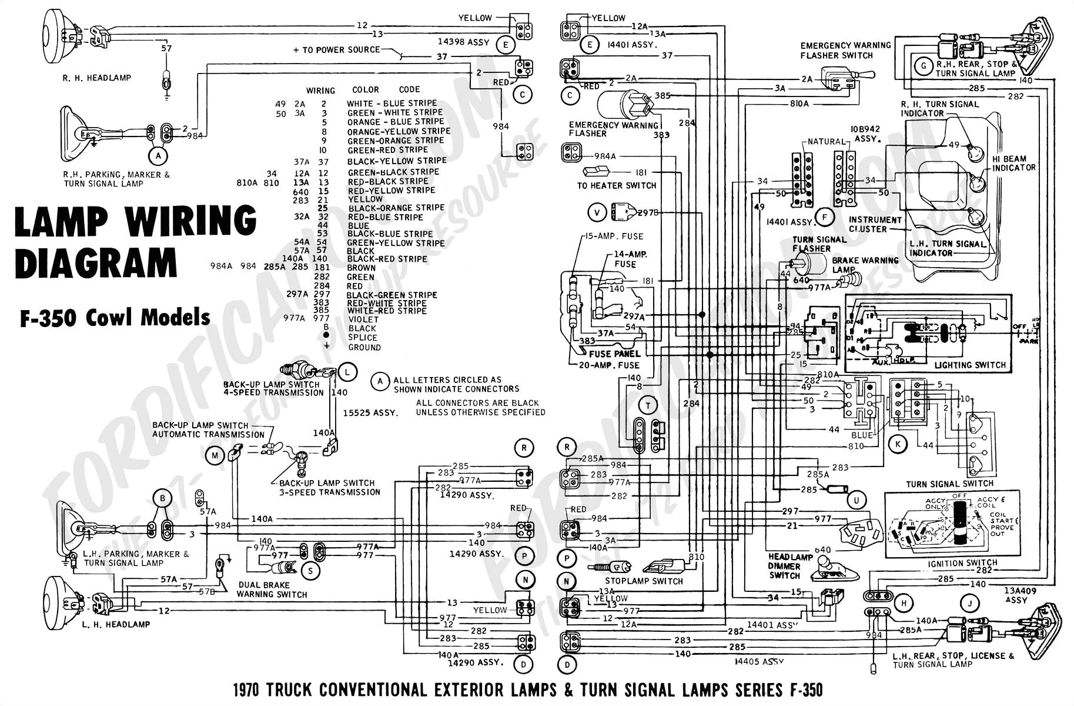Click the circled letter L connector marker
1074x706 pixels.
[x=348, y=372]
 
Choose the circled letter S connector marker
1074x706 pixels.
[x=310, y=570]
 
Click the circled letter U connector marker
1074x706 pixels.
[x=856, y=500]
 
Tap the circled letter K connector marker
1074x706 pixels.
[x=898, y=444]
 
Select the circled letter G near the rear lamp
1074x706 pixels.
[x=924, y=66]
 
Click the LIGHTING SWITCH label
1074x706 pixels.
[x=970, y=365]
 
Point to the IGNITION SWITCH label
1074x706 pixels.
[x=962, y=563]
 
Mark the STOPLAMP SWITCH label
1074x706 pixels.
[x=644, y=581]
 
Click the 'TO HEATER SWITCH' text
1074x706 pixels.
[x=616, y=185]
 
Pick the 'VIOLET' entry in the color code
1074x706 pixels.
[x=363, y=319]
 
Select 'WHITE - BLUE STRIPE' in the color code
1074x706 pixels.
[x=391, y=103]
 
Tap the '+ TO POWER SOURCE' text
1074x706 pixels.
[x=337, y=50]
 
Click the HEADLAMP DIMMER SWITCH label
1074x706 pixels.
[x=785, y=566]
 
